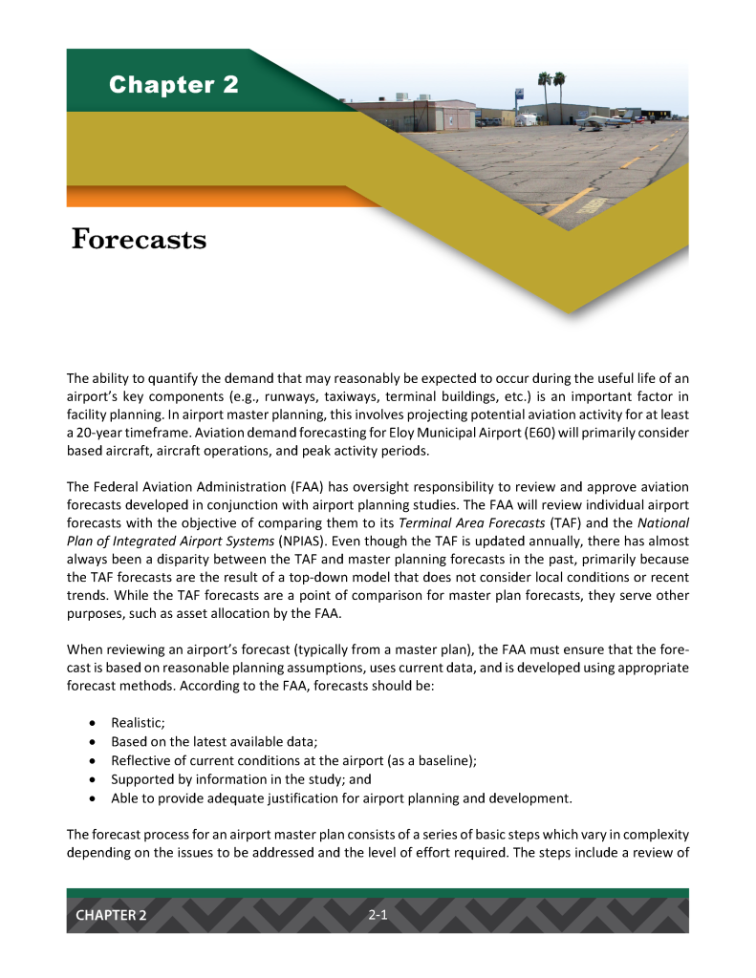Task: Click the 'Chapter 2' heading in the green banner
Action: [x=173, y=85]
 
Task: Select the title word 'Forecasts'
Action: [x=139, y=239]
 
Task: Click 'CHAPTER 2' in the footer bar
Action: [x=112, y=915]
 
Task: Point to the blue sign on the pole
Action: [x=518, y=95]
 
